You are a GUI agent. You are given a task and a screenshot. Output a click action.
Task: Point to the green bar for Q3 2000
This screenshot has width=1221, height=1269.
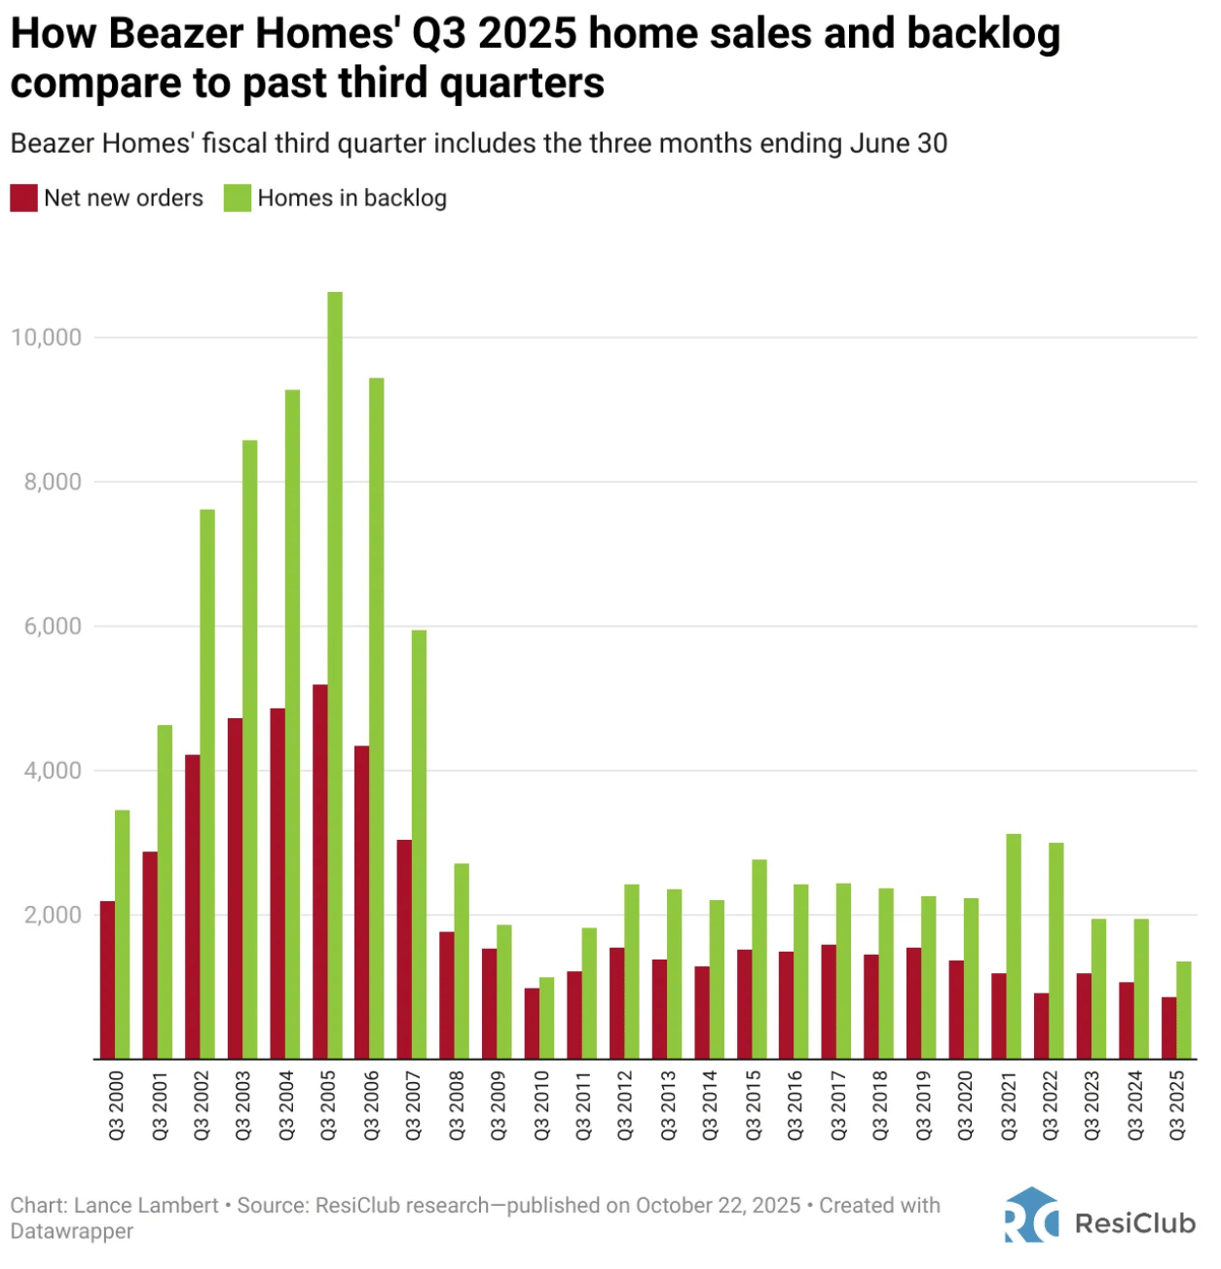click(123, 934)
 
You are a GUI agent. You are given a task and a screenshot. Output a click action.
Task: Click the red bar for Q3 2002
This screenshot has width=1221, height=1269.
click(193, 906)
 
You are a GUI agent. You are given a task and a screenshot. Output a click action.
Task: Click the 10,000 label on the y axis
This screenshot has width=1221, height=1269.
click(47, 338)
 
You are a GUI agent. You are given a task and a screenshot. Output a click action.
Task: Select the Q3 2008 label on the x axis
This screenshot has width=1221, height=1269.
click(456, 1106)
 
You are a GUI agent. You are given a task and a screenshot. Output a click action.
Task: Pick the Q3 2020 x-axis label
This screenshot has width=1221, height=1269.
click(965, 1106)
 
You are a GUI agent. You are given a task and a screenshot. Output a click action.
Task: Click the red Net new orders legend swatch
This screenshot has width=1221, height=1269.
click(23, 199)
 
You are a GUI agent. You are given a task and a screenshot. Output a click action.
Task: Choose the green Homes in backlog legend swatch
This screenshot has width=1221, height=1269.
click(238, 199)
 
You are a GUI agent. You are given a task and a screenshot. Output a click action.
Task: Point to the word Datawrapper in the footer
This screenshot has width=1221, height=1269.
click(72, 1231)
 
